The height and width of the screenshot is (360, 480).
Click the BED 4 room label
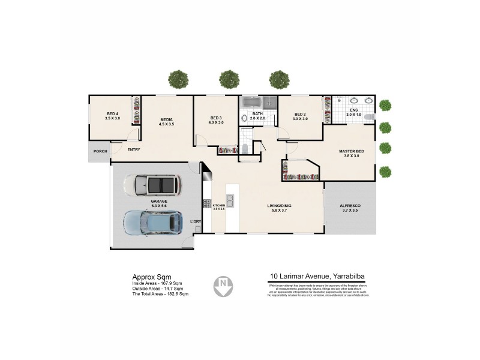[x=113, y=114]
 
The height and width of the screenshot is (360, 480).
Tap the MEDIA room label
[x=166, y=119]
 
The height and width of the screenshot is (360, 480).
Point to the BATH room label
[x=257, y=113]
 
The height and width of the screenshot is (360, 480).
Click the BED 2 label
[x=300, y=114]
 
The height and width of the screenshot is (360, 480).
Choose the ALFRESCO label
[x=351, y=205]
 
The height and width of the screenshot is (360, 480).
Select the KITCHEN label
[x=218, y=206]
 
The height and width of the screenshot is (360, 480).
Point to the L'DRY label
[x=195, y=222]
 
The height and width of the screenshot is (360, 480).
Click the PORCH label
[x=100, y=151]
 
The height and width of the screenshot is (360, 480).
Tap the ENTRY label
[x=133, y=149]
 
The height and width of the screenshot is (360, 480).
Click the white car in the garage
[x=152, y=185]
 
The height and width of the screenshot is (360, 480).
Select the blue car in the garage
[x=153, y=222]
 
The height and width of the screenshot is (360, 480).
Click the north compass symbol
[x=223, y=286]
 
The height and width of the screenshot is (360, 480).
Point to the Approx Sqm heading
[x=148, y=277]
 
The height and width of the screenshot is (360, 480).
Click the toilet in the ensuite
[x=369, y=116]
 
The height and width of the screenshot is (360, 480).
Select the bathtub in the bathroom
[x=259, y=102]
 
